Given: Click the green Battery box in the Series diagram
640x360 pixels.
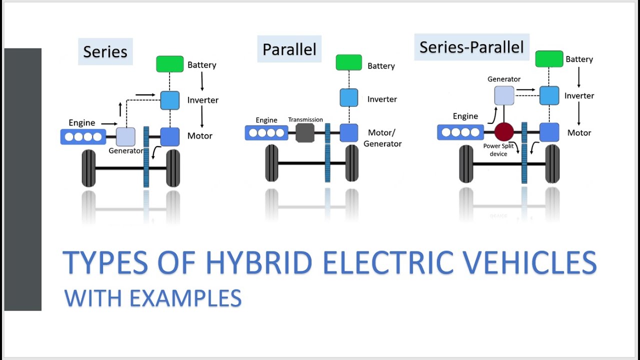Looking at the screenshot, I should coord(170,64).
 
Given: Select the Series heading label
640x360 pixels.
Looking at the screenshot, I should coord(105,51).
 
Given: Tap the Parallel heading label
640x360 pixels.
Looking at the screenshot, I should coord(289,49).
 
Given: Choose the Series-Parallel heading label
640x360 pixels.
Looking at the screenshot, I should coord(471,47).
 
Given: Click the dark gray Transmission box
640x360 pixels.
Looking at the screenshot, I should coord(305,133).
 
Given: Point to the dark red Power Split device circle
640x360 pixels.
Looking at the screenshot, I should coord(504,132).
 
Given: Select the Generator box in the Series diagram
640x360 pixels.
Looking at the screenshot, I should coord(125,136).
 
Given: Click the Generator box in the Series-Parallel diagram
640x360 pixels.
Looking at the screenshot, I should coord(504,95).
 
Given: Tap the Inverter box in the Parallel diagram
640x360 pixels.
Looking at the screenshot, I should coord(349,97).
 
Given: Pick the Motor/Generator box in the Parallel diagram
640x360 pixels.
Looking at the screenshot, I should coord(349,133).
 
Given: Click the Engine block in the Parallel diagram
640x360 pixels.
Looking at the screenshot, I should coord(266,133).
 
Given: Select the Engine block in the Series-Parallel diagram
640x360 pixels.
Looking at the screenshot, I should coord(460,132).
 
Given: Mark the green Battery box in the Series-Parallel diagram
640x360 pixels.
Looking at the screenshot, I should coord(549,59).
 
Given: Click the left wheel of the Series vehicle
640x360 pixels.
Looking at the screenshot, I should coord(88,168).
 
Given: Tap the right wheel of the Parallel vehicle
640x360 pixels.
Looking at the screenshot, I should coord(352,163).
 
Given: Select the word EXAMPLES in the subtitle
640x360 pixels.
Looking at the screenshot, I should coord(185,298).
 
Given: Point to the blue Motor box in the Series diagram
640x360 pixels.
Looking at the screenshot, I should coord(170,136).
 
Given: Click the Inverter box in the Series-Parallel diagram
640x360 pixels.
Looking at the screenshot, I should coord(549,95).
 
